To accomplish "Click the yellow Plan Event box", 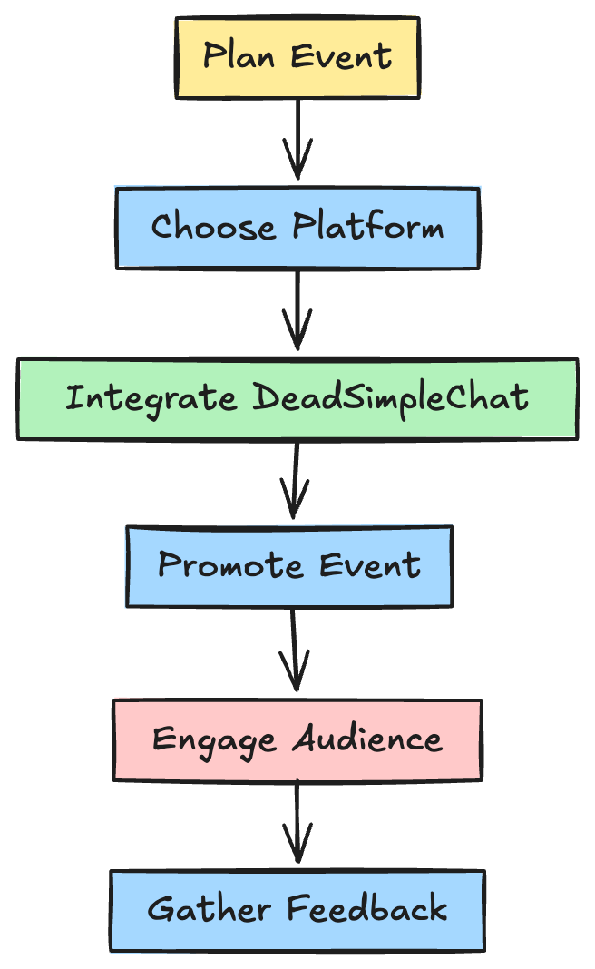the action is click(297, 57).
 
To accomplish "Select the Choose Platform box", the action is click(297, 228).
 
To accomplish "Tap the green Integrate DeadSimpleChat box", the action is click(297, 398).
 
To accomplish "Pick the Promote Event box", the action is click(289, 567).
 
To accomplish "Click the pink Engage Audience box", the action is click(297, 739).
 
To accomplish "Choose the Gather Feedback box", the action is click(297, 910).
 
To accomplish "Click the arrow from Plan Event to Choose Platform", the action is click(297, 140).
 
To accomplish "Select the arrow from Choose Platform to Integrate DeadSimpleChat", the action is click(297, 310).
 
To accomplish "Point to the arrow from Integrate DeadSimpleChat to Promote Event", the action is click(296, 480).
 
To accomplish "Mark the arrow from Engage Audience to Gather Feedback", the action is click(297, 823).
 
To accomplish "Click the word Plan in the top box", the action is click(239, 55).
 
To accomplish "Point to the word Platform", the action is click(368, 226).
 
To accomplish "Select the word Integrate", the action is click(151, 398).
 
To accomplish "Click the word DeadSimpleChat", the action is click(391, 397).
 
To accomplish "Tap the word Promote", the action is click(230, 565).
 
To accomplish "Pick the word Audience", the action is click(367, 739).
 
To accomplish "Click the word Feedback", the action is click(367, 908).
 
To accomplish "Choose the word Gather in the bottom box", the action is click(209, 909).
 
